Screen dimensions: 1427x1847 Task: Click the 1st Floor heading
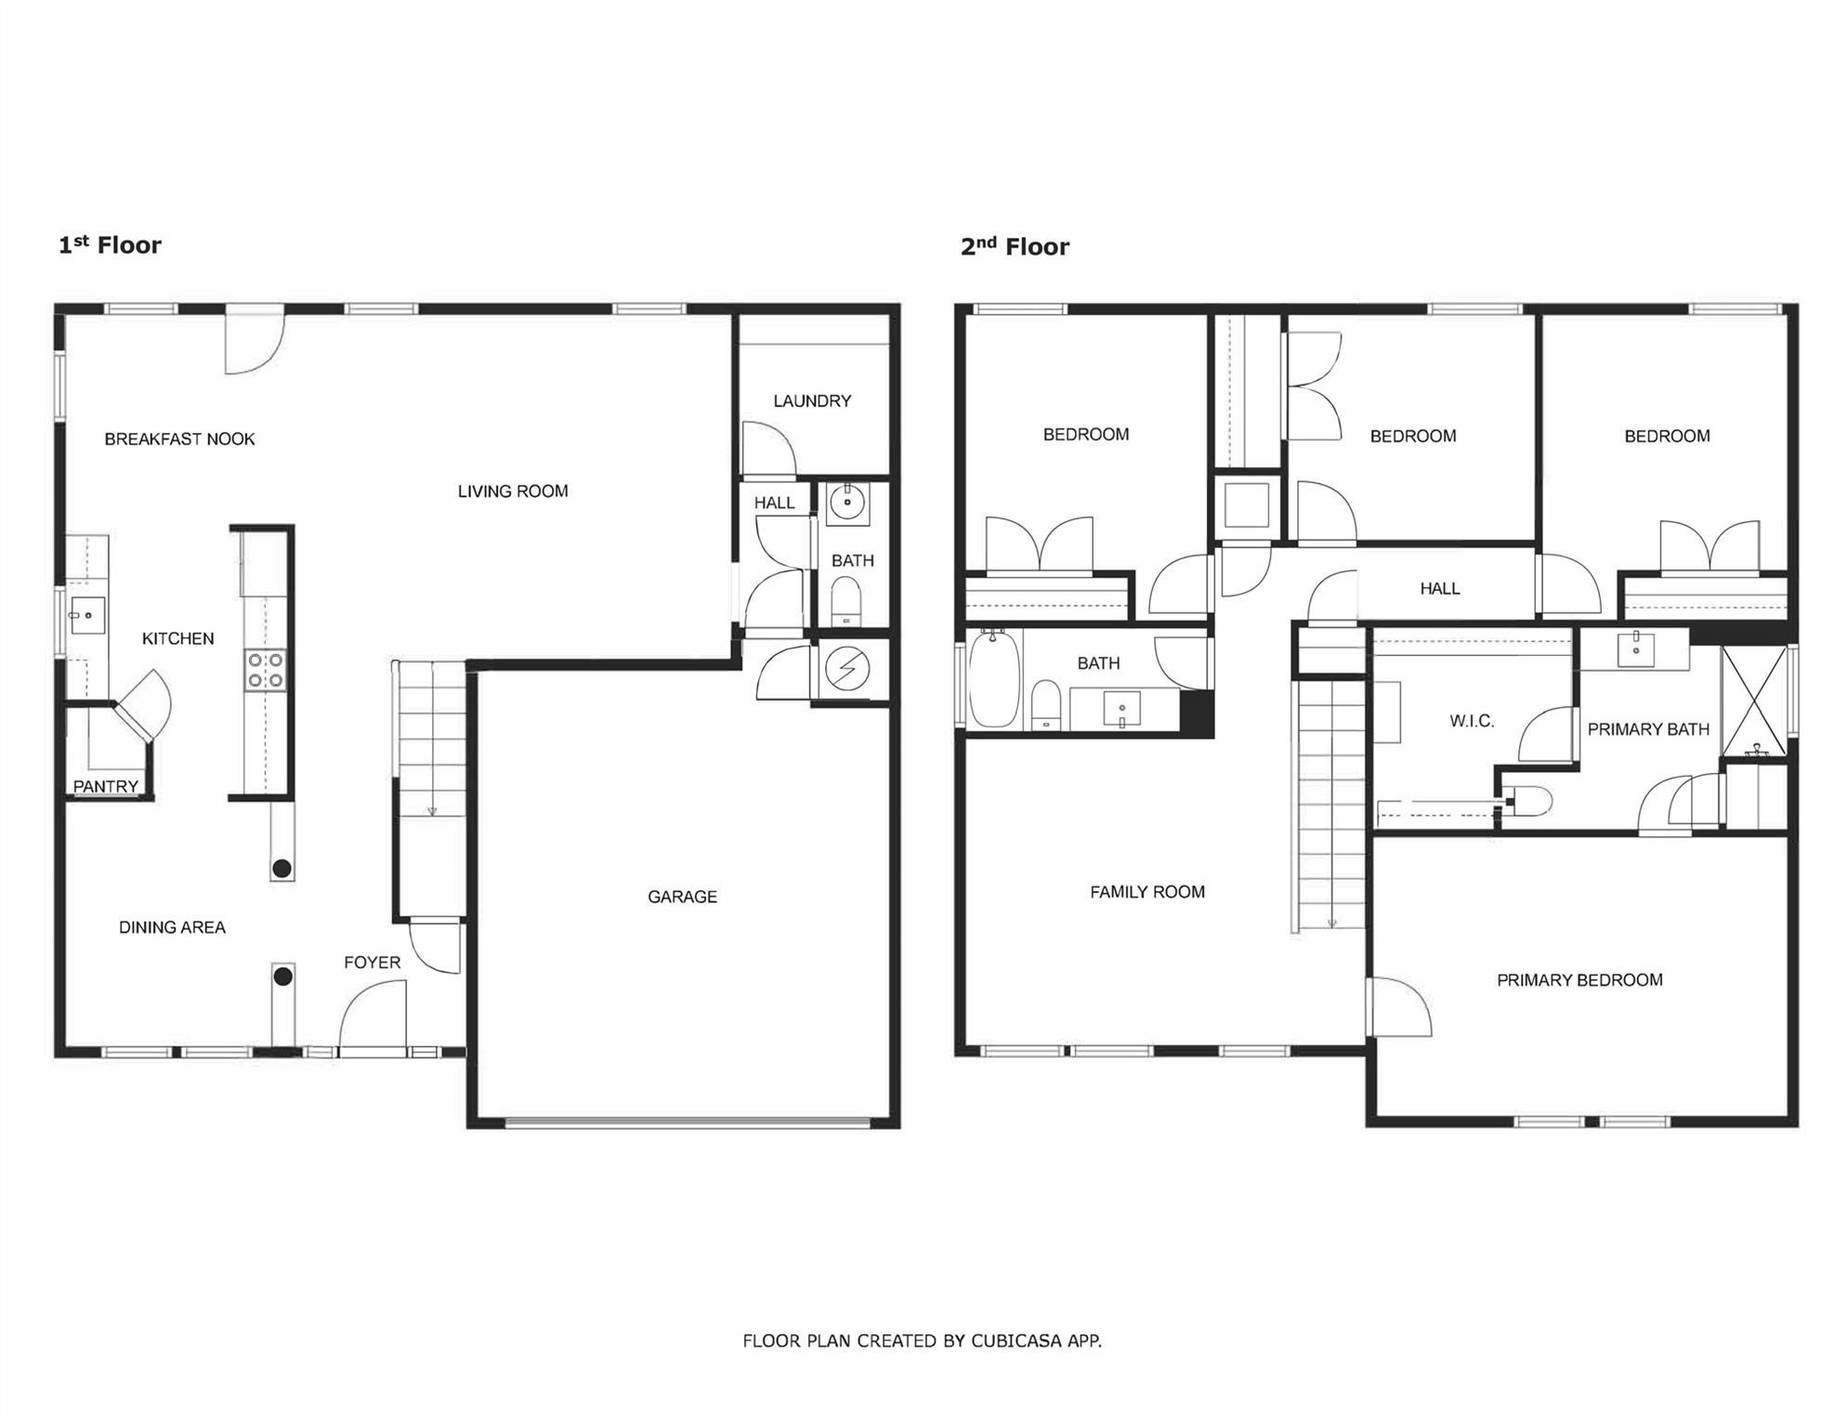tap(110, 245)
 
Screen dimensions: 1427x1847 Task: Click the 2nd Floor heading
tap(1015, 247)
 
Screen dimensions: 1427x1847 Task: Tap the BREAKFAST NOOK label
tap(179, 439)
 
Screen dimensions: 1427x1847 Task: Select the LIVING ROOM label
tap(513, 491)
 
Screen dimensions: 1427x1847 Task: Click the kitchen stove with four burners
tap(266, 670)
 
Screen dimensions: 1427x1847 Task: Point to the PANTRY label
tap(106, 787)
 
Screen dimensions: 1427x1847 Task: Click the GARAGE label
tap(682, 897)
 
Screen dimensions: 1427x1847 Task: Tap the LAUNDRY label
tap(812, 401)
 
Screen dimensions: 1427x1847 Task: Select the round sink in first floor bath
tap(847, 503)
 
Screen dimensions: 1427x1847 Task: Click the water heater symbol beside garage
tap(847, 669)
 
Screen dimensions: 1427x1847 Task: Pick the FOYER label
tap(372, 962)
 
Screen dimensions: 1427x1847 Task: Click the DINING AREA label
tap(172, 927)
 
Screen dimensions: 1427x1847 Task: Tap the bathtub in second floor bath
tap(994, 679)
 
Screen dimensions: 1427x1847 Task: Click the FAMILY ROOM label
tap(1147, 892)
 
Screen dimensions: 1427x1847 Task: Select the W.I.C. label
tap(1472, 721)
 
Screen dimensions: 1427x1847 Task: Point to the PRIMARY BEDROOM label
tap(1579, 980)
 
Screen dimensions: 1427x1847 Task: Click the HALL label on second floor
tap(1439, 589)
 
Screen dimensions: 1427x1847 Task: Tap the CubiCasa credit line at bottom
tap(922, 1341)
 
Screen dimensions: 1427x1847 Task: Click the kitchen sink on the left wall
tap(87, 615)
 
